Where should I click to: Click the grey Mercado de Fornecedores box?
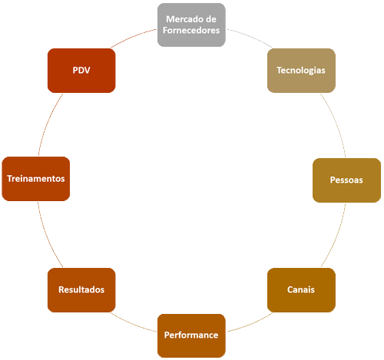tap(191, 25)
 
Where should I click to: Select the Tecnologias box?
tap(301, 70)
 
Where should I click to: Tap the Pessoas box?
tap(346, 179)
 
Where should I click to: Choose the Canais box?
tap(301, 289)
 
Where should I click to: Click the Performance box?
tap(191, 335)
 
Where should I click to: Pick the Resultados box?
tap(81, 289)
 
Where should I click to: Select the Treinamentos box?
tap(35, 179)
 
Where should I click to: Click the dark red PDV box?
tap(81, 70)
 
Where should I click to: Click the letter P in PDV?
tap(75, 70)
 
